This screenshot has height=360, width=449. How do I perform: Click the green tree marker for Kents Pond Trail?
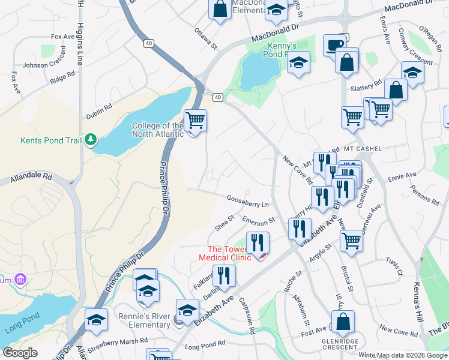[90, 140]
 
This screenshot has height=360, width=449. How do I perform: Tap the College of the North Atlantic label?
[157, 130]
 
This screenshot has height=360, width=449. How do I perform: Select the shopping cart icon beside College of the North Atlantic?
[195, 121]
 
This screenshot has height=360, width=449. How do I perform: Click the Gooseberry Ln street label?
[247, 199]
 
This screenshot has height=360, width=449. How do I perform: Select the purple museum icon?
[20, 280]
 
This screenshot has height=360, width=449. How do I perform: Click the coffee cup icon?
[334, 45]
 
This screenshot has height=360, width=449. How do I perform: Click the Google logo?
[20, 353]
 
